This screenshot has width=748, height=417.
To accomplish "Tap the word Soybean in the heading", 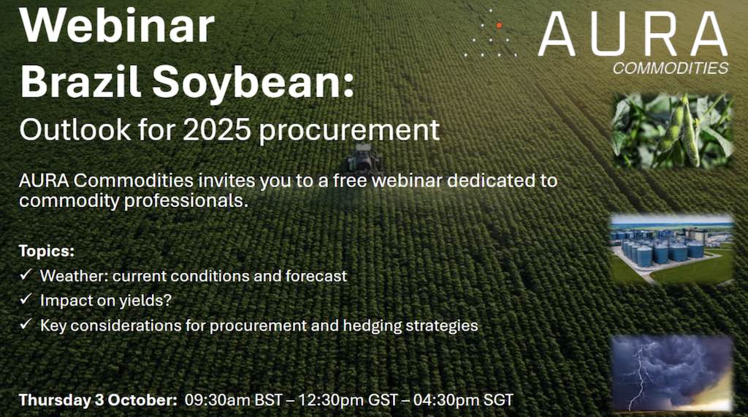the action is [x=253, y=82].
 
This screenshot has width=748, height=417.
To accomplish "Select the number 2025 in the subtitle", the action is [x=217, y=129].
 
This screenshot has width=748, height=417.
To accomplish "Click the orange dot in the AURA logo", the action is [x=499, y=26].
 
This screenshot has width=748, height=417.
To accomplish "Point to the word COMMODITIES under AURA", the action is [x=671, y=68].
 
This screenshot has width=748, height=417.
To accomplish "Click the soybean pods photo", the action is [x=672, y=131].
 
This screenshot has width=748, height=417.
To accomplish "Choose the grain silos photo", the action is [x=672, y=249].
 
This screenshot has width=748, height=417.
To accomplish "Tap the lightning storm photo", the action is [x=672, y=373].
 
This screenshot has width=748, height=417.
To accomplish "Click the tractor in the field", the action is [x=364, y=159].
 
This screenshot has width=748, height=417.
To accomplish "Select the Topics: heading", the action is [x=47, y=251].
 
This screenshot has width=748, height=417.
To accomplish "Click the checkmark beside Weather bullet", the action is [x=26, y=274].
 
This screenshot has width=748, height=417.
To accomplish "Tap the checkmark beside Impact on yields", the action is [x=26, y=299].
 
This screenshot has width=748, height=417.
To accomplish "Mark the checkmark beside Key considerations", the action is [x=26, y=324].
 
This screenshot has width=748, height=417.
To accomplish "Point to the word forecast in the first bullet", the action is [x=316, y=276].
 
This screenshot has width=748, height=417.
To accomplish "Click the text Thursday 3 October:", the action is [x=98, y=399].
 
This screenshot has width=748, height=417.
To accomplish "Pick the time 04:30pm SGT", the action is [x=463, y=399].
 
